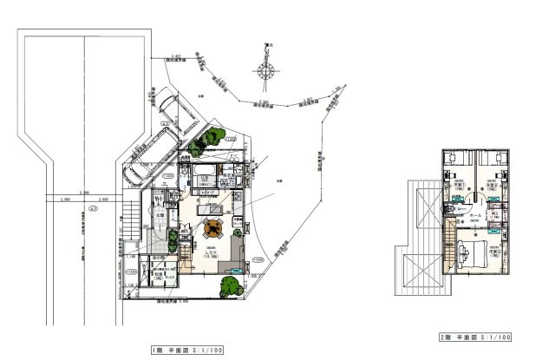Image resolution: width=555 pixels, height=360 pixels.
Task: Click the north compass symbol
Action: tap(266, 69)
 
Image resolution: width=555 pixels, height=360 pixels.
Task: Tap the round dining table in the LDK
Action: tap(212, 229)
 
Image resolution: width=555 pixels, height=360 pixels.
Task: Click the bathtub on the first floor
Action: tap(206, 170)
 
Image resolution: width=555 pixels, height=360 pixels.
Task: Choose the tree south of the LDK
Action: tap(230, 285)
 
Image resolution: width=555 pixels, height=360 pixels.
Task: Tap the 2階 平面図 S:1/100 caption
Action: tap(474, 336)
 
